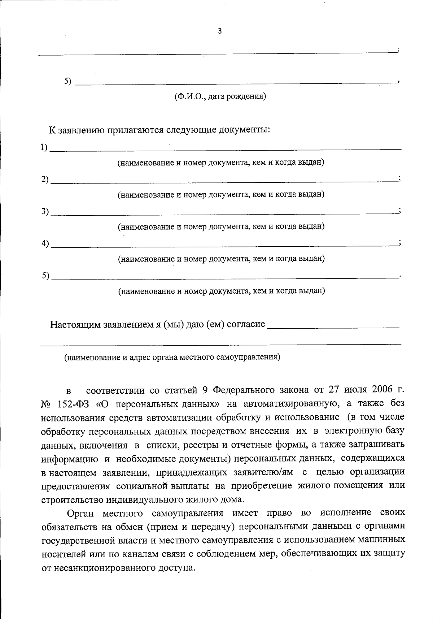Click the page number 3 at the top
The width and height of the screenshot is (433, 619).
(x=220, y=31)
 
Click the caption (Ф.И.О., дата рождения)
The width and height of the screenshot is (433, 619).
(x=220, y=96)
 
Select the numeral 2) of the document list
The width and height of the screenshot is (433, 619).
(x=45, y=179)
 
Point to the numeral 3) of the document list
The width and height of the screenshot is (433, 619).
(x=45, y=211)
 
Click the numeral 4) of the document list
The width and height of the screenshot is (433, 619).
(x=45, y=243)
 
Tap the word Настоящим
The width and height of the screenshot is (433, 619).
(x=75, y=324)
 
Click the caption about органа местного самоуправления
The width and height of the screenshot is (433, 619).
(x=172, y=358)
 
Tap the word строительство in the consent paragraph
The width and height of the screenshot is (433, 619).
(x=72, y=500)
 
